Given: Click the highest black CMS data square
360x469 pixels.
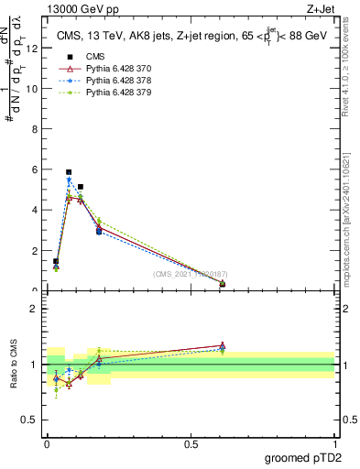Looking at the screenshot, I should pyautogui.click(x=69, y=172).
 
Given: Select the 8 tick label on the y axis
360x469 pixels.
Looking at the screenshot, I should pyautogui.click(x=36, y=130).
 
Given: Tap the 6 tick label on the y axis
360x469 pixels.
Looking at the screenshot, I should pyautogui.click(x=36, y=170).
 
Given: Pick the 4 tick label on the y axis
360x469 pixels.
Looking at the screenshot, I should pyautogui.click(x=36, y=211).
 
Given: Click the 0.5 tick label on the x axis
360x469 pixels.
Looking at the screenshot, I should pyautogui.click(x=191, y=444).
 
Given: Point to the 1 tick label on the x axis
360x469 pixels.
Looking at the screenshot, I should pyautogui.click(x=333, y=444).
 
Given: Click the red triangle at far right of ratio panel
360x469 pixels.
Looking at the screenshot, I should pyautogui.click(x=223, y=345).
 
